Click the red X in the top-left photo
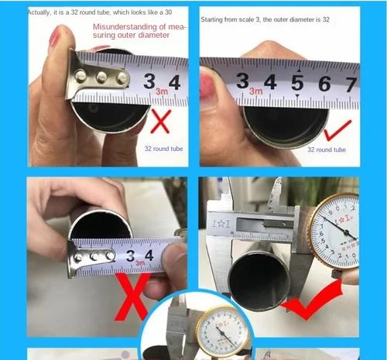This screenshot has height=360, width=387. point(160,120)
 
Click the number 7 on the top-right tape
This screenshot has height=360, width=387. point(351,84)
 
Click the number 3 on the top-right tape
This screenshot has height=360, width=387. point(242,81)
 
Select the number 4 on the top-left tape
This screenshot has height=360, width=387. point(174,82)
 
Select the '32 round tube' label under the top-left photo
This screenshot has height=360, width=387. point(163,148)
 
